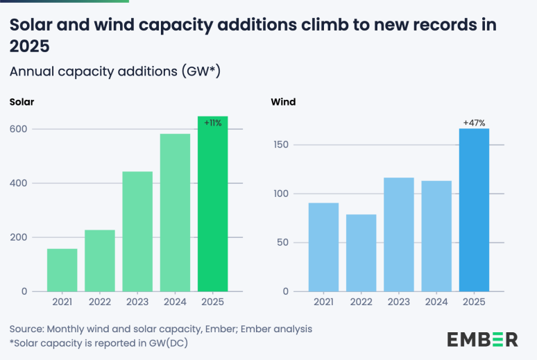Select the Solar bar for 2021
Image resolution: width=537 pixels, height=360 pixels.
62,270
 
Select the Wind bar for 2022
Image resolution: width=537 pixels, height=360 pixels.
361,252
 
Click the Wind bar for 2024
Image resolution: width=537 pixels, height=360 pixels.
436,236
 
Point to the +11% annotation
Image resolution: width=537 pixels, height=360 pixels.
212,123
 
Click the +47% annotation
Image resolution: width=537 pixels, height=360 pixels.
474,123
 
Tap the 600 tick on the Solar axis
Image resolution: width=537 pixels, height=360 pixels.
19,129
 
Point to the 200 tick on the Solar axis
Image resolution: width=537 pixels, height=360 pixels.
19,237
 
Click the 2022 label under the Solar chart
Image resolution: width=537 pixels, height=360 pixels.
99,302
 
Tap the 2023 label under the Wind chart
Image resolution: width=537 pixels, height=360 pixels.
398,302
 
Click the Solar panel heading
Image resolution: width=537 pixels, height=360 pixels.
22,102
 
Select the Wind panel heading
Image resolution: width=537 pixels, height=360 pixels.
283,102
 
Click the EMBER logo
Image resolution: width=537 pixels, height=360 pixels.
482,339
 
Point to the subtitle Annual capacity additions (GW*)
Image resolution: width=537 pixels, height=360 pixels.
114,71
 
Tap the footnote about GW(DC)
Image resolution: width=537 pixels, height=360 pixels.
99,343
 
